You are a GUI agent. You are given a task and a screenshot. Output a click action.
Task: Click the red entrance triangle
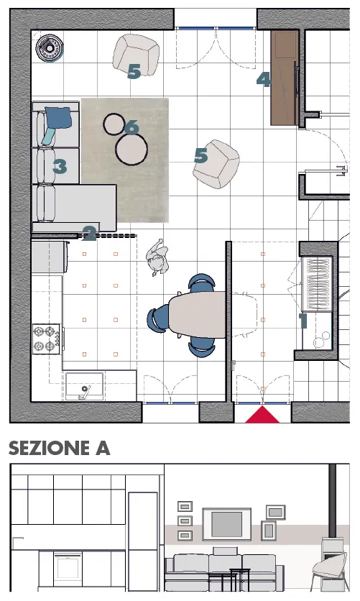262,416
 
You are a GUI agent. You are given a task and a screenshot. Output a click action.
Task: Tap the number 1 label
303,321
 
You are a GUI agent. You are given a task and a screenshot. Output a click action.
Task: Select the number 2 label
89,234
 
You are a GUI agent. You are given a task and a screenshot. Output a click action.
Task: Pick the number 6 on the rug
131,127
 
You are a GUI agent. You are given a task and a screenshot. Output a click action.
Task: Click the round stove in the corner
49,48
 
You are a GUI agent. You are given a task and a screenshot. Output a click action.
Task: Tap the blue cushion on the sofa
59,118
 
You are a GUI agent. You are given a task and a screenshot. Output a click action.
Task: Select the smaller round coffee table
114,124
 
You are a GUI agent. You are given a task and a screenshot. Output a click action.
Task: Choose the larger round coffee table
131,150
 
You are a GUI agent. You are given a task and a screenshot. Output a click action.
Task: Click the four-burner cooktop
46,339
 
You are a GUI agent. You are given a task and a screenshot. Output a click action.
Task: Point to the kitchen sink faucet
84,393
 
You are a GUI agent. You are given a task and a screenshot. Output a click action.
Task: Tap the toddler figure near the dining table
157,257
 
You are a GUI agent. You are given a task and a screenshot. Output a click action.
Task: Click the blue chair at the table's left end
157,320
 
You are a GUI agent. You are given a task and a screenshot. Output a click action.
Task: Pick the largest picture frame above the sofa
227,524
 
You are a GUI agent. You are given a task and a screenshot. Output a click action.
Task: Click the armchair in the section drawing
330,571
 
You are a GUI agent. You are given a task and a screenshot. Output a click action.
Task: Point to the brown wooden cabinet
284,78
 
